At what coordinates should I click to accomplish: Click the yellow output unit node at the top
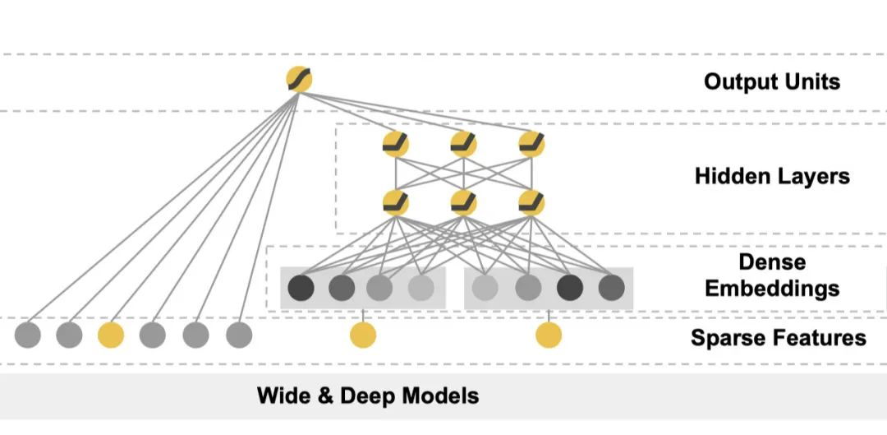(x=299, y=80)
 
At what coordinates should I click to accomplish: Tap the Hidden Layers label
(x=771, y=176)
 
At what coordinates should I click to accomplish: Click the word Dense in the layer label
(x=771, y=262)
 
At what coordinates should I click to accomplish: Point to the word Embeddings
(x=771, y=289)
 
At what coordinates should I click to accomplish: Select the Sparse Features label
(x=778, y=337)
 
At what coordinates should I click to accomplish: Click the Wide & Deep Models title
(x=367, y=396)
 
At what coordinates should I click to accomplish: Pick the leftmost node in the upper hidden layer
(x=396, y=145)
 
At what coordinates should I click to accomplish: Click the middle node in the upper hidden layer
(x=463, y=145)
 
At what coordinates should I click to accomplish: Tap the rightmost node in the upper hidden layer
(x=531, y=145)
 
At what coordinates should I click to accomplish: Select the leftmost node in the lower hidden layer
(x=396, y=202)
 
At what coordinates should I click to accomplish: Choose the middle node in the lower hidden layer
(x=463, y=202)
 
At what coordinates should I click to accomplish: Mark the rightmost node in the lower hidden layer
(x=531, y=202)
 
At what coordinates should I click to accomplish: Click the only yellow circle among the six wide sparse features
(x=111, y=335)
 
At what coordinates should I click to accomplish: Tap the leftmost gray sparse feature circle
(x=28, y=335)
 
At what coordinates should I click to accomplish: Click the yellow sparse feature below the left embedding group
(x=362, y=335)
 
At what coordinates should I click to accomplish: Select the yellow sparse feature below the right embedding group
(x=549, y=335)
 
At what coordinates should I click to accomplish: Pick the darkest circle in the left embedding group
(x=301, y=288)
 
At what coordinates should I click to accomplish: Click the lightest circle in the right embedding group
(x=485, y=288)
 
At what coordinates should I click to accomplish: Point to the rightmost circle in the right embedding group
(x=611, y=288)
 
